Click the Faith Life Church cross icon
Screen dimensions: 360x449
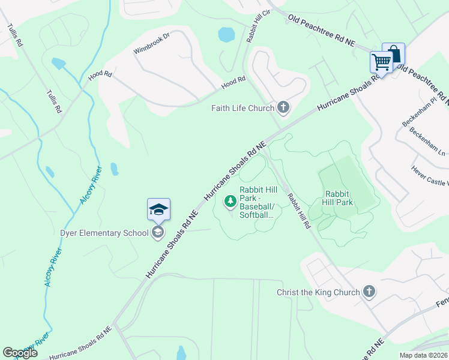(283, 108)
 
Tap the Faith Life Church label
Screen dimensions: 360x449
(243, 108)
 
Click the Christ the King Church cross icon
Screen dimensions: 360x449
(369, 292)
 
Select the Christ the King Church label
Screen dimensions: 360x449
(318, 292)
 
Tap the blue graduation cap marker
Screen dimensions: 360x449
(158, 209)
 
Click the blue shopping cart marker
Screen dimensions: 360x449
(381, 61)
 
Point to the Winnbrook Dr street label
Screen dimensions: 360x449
(152, 43)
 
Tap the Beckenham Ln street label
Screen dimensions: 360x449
(425, 140)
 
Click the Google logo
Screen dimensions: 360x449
(20, 353)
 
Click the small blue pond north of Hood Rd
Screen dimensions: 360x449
(226, 35)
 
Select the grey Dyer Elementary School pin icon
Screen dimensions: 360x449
(158, 232)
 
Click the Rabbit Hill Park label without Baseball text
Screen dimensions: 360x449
(339, 198)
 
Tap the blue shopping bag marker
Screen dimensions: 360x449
(394, 53)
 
